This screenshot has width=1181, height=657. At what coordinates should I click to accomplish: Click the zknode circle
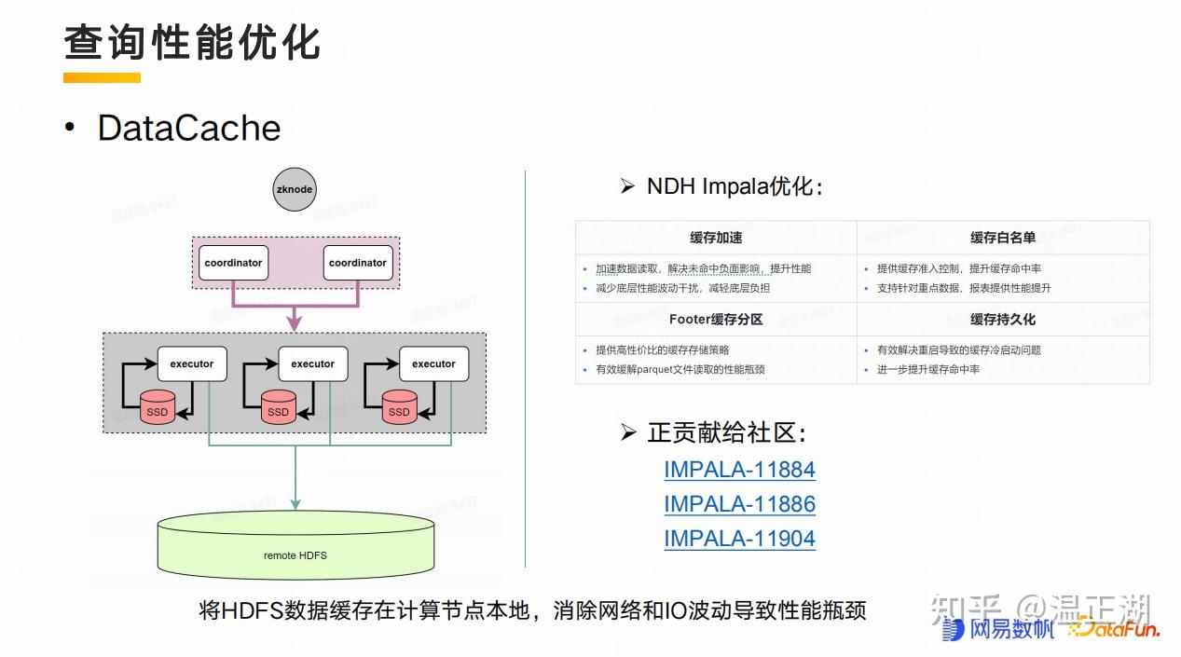(x=295, y=189)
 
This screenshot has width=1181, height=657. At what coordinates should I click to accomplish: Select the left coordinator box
(x=233, y=263)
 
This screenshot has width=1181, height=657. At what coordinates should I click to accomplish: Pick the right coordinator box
(x=358, y=263)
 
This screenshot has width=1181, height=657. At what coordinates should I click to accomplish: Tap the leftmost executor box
(x=192, y=363)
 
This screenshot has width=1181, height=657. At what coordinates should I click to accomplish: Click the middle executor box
(x=313, y=363)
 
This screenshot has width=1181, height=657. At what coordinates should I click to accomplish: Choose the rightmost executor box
(x=434, y=363)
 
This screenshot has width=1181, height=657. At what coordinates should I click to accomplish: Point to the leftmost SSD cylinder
(x=157, y=409)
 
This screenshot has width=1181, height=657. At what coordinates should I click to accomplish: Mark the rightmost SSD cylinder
(x=399, y=409)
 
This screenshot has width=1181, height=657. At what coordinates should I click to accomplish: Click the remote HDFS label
(x=295, y=555)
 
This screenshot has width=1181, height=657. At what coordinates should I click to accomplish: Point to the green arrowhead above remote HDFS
(x=295, y=503)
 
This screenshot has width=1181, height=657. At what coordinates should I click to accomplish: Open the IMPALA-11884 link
(x=739, y=470)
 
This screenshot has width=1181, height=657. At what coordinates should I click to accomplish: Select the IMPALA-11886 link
(x=739, y=504)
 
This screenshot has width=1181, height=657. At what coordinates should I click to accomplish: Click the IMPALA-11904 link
(x=739, y=539)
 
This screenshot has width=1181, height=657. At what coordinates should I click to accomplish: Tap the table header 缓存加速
(x=716, y=238)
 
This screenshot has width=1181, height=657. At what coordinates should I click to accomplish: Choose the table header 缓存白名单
(x=1003, y=238)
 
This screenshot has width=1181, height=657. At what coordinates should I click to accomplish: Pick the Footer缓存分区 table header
(x=716, y=320)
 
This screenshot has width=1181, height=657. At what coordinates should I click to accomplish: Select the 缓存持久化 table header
(x=1003, y=320)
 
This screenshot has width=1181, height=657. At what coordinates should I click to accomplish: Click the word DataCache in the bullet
(x=189, y=129)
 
